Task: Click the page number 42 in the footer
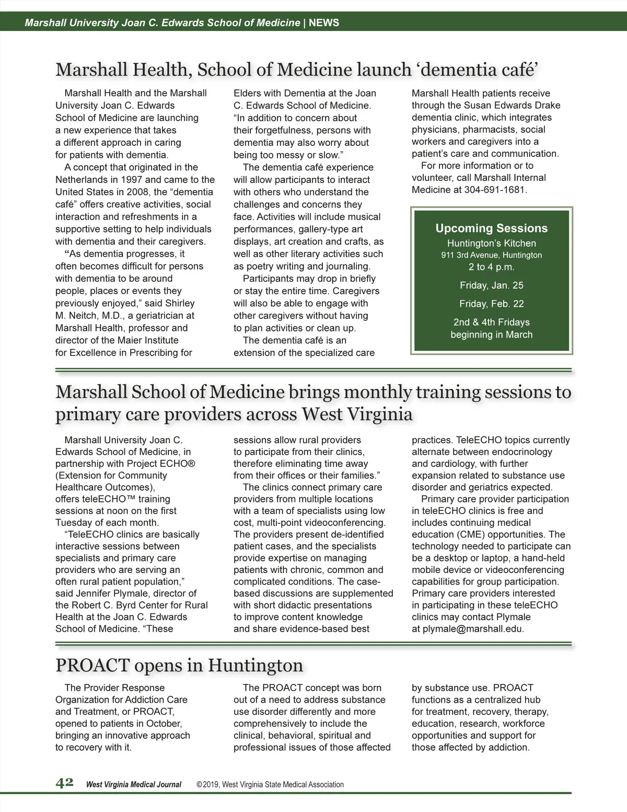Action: click(64, 783)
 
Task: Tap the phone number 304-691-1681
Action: click(495, 190)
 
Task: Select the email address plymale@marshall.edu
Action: click(472, 628)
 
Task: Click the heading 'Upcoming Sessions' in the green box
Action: click(491, 228)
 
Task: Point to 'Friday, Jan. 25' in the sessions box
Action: click(491, 285)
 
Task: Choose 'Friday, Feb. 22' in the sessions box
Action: click(491, 304)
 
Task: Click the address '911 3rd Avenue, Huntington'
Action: click(491, 255)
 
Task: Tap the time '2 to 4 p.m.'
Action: click(491, 267)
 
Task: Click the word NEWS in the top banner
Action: click(324, 22)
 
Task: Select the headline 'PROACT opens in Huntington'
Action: click(179, 665)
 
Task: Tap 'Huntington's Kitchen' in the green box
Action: click(491, 243)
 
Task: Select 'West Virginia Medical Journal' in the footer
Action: click(133, 784)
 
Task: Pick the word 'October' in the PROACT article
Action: click(164, 724)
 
